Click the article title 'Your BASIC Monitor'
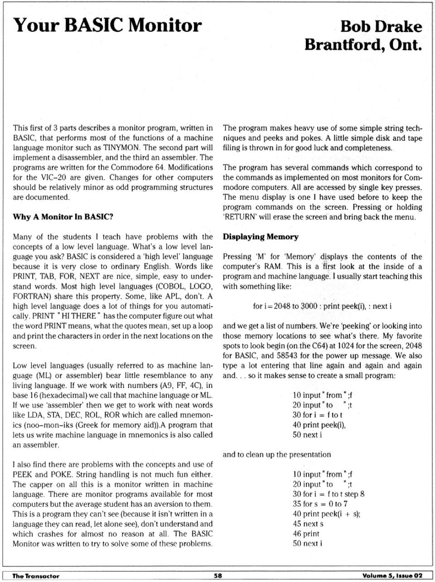point(107,25)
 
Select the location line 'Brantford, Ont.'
point(363,45)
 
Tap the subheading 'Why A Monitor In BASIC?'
point(63,217)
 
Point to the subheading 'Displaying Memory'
point(261,237)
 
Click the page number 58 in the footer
point(218,576)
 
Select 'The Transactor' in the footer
point(36,576)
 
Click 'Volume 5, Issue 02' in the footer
point(392,576)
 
